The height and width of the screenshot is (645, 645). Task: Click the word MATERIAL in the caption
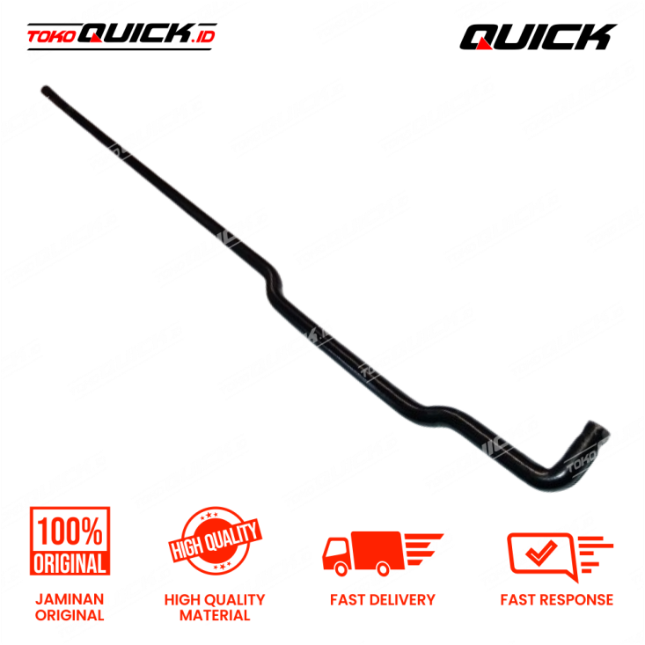pos(216,615)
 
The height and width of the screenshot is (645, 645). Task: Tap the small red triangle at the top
pos(483,43)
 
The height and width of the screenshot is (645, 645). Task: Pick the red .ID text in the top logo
pos(206,36)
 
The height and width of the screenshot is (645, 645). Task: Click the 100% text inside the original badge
pos(70,530)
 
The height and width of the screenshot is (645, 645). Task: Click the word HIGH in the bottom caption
pos(181,600)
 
